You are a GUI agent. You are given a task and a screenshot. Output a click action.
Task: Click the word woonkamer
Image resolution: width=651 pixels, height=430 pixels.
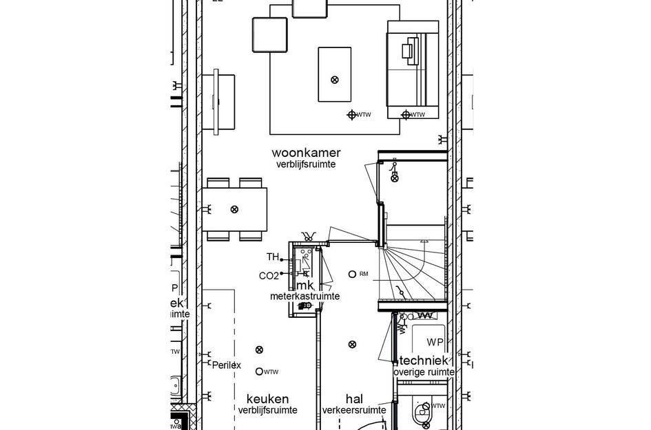coord(306,153)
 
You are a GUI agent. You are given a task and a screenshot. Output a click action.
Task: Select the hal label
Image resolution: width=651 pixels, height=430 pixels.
coord(354,399)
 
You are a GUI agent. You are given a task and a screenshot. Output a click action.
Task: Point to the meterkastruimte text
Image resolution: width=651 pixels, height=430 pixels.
coord(304,296)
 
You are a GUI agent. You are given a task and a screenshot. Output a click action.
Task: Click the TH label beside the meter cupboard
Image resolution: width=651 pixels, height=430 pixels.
coord(272,257)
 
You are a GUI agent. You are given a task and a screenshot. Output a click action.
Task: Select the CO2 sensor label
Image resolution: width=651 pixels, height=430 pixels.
coord(269,276)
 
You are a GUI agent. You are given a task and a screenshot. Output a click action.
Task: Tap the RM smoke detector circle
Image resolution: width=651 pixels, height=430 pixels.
coord(352,274)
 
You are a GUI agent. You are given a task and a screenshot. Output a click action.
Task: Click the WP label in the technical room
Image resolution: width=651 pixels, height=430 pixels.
coord(435,343)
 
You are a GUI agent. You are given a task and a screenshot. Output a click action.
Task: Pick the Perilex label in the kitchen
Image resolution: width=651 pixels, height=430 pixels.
coord(227,365)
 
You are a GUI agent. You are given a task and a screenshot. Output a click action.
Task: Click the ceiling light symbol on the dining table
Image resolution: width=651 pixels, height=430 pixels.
coord(234,209)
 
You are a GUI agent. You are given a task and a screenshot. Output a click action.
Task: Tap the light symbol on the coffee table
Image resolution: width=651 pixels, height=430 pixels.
coord(335,80)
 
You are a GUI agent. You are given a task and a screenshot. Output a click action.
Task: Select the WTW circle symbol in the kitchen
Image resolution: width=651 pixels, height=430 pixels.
coord(259,372)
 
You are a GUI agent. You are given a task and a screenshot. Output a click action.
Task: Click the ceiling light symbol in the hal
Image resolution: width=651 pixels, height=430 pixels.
coord(353,344)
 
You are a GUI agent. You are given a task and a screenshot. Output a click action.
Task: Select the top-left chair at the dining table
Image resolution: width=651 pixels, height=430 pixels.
coord(218,182)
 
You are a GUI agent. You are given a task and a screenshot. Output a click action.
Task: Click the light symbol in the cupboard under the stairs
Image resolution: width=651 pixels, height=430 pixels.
coord(395,178)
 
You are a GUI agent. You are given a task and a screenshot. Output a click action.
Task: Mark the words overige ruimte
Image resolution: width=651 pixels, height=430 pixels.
coord(424,372)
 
